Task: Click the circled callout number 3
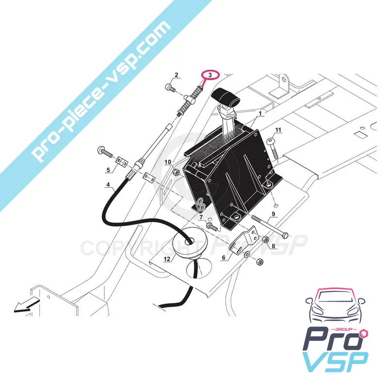point(210,75)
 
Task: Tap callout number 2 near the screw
point(177,75)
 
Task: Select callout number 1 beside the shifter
point(260,113)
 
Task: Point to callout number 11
point(278,130)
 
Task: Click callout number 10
point(168,162)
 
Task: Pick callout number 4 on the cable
point(108,184)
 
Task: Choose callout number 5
point(108,170)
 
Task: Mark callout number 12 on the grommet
point(167,259)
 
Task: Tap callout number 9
point(273,214)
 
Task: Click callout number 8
point(274,246)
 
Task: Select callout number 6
point(224,258)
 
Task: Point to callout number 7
point(201,217)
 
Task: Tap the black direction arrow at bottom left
point(27,305)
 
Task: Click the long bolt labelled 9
point(270,226)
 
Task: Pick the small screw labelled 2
point(170,88)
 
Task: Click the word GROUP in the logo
point(345,329)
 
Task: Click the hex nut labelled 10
point(176,171)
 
